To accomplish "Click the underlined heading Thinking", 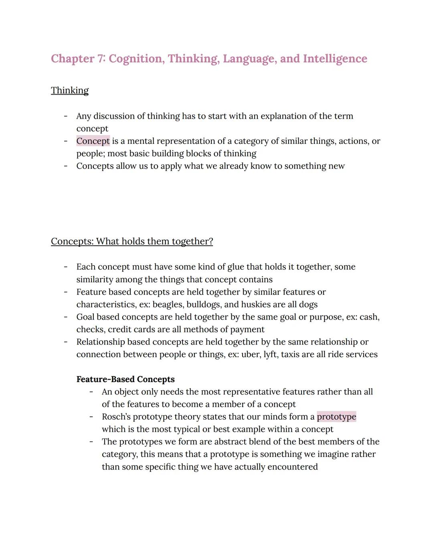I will pyautogui.click(x=70, y=91).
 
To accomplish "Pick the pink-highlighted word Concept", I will pyautogui.click(x=93, y=141).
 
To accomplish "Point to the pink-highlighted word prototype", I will pyautogui.click(x=336, y=417).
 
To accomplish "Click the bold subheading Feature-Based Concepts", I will pyautogui.click(x=125, y=379).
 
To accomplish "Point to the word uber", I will pyautogui.click(x=251, y=354).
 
